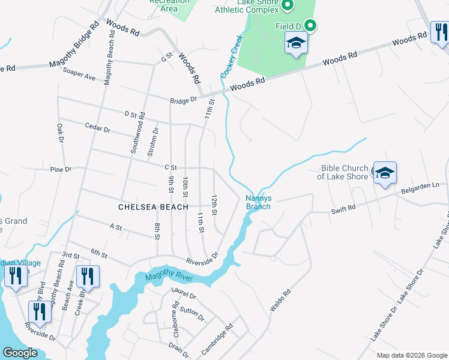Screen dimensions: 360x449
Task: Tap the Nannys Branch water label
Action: (259, 202)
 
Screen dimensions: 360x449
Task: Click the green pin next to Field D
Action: (310, 25)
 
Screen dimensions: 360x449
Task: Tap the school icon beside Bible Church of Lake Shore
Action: (385, 173)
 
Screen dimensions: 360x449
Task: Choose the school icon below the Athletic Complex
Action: (296, 43)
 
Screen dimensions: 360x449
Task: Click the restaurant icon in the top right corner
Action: (440, 32)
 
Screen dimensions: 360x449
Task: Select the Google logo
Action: (20, 353)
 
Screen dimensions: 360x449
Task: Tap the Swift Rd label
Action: (343, 209)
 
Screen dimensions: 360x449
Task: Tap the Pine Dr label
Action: (61, 170)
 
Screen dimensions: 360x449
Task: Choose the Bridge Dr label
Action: (183, 100)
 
